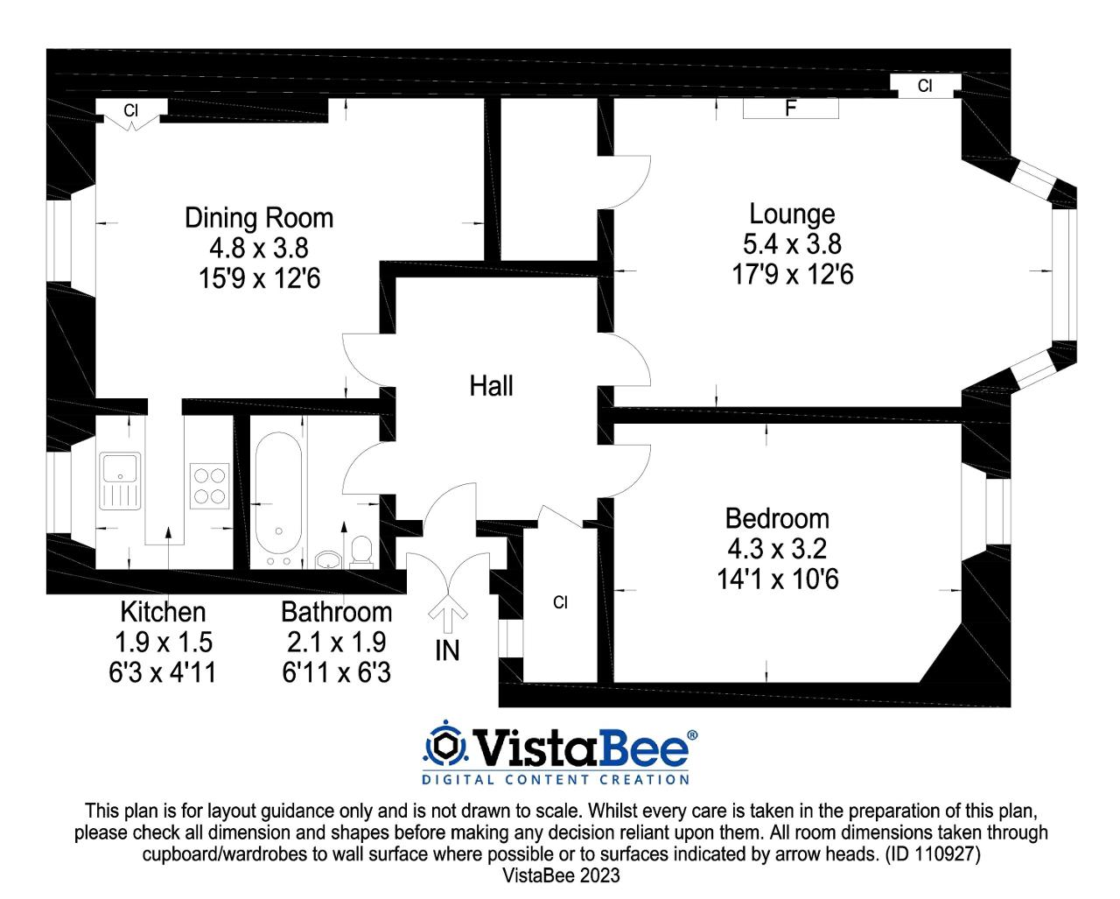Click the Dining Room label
259,218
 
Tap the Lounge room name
792,214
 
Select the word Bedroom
778,518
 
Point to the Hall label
491,386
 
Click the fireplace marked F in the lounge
790,109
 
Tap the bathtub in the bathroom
279,493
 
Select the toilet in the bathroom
361,552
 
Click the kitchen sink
120,481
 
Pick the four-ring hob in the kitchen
209,486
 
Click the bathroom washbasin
328,560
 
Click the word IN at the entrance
448,651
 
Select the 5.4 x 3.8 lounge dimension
792,243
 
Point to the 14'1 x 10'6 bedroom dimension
778,579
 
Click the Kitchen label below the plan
163,612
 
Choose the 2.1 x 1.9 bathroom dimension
337,643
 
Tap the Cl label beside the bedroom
560,602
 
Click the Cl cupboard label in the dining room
130,110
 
